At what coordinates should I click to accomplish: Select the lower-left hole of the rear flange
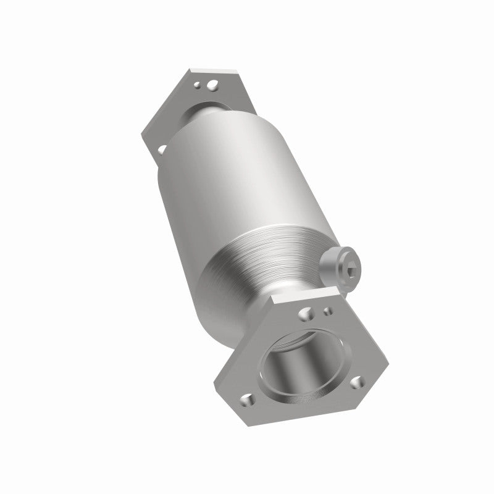click(x=162, y=148)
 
